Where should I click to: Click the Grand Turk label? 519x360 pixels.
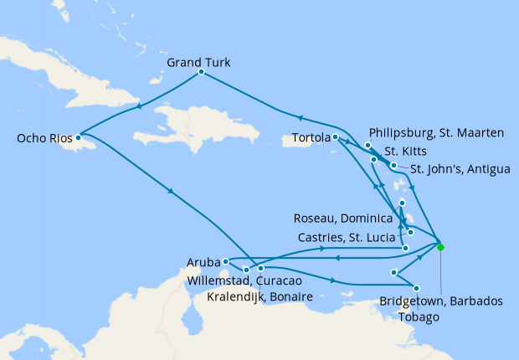click(x=199, y=63)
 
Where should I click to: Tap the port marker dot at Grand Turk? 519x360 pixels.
click(x=201, y=72)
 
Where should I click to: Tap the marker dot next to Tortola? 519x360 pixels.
click(x=334, y=136)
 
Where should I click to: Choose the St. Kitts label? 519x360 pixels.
click(x=404, y=152)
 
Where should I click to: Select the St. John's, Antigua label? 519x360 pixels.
click(x=460, y=169)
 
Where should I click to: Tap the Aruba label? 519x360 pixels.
click(x=204, y=263)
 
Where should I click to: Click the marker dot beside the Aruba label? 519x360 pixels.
click(x=226, y=262)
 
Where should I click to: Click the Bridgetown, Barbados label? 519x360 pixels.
click(x=441, y=300)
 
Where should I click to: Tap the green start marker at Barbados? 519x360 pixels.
click(x=440, y=247)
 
